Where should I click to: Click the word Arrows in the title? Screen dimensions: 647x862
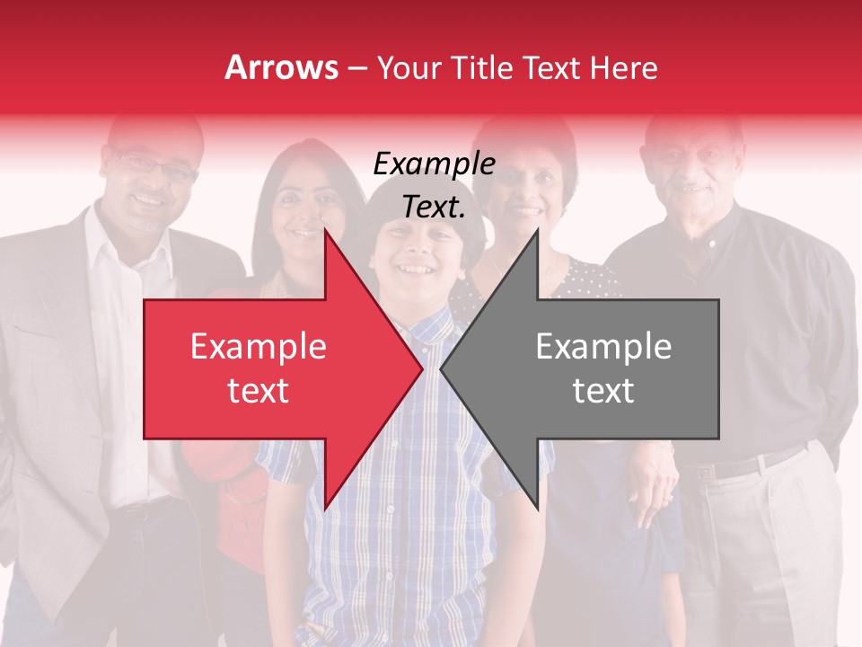[281, 67]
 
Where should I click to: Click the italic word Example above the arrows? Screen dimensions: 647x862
[434, 164]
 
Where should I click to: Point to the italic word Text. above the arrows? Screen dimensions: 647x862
[434, 207]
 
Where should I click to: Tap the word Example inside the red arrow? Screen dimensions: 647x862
[259, 347]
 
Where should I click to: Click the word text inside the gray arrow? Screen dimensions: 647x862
[603, 390]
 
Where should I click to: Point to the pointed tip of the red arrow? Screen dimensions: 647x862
[421, 368]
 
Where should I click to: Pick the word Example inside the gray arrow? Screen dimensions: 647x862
[603, 347]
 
